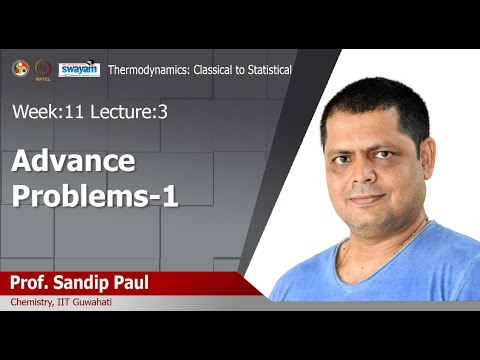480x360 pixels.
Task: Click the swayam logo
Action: click(x=79, y=68)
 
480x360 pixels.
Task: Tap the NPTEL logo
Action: click(x=44, y=68)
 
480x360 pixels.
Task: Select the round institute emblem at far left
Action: click(x=20, y=68)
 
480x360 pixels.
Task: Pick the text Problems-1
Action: click(x=95, y=195)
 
